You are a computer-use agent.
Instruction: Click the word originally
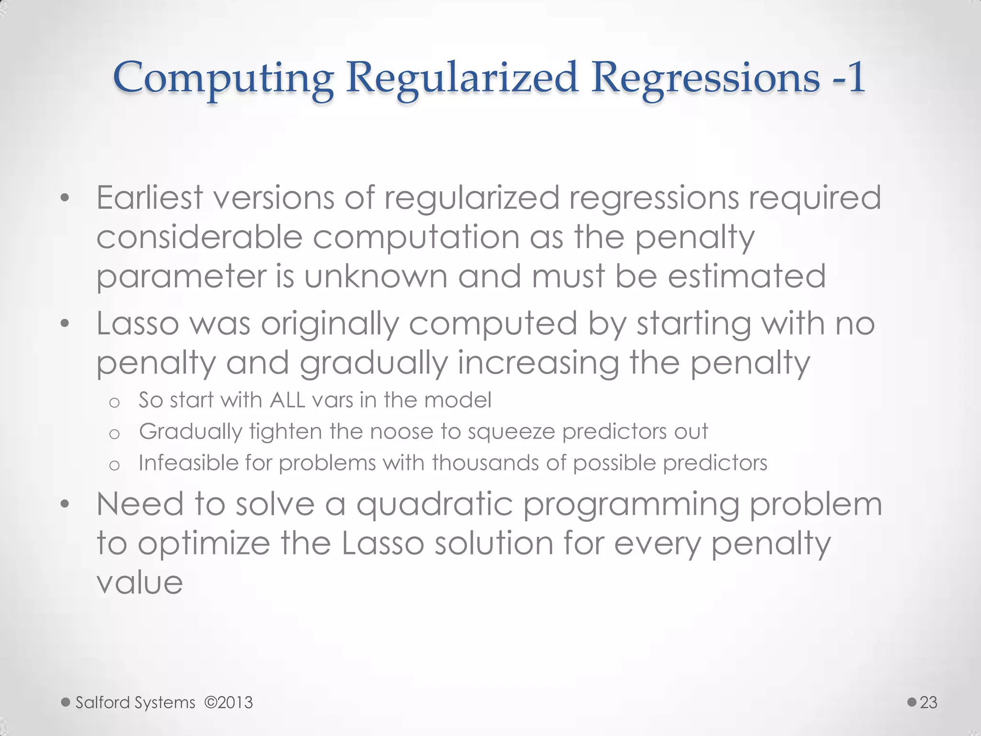point(330,324)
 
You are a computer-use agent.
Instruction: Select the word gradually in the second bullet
point(373,363)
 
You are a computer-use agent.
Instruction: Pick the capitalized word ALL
point(287,400)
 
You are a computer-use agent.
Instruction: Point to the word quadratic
point(434,505)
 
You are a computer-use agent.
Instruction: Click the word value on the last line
point(140,583)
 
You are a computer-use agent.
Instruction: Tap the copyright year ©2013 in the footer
point(228,702)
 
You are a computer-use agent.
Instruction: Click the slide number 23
point(928,702)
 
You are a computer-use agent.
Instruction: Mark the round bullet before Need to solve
point(65,504)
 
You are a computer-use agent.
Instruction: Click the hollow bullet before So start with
point(114,402)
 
